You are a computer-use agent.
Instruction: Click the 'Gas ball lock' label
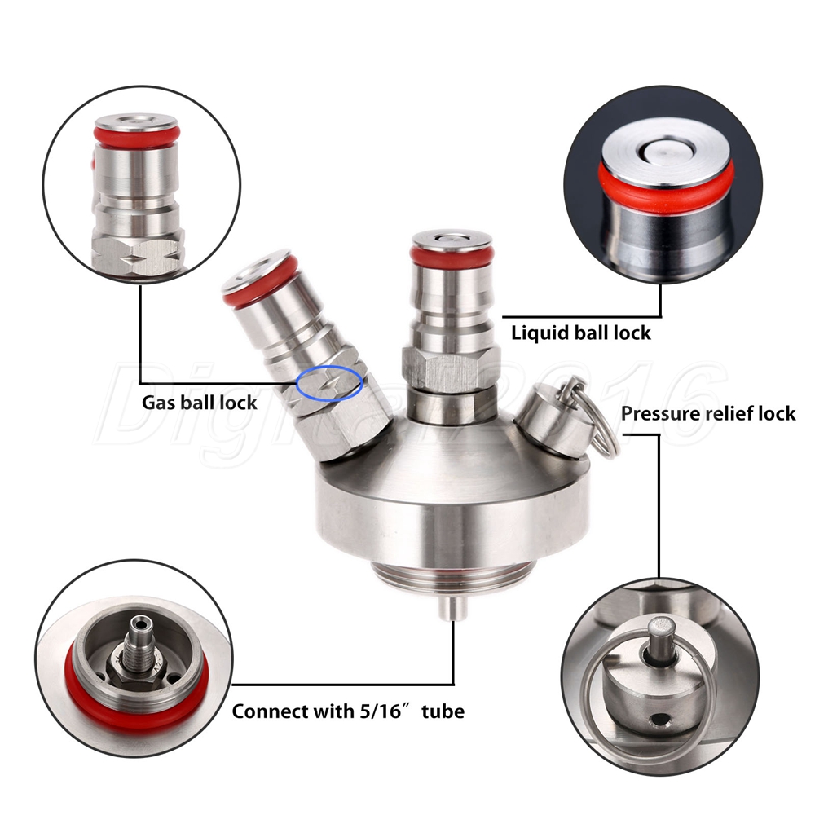click(x=200, y=403)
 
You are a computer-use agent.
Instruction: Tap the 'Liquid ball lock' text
click(x=580, y=333)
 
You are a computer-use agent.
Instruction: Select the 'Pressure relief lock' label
click(x=708, y=413)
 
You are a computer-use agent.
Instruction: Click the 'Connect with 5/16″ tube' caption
click(x=348, y=711)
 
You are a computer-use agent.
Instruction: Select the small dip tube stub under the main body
click(x=452, y=608)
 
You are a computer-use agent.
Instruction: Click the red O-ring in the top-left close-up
click(x=137, y=134)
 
